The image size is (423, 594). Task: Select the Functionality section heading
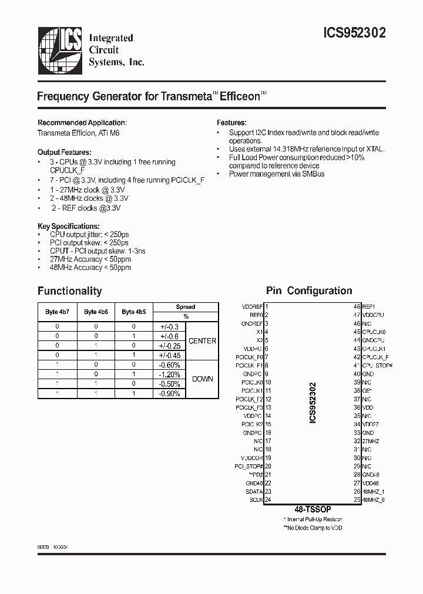(x=69, y=291)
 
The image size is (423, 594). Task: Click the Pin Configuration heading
(x=309, y=291)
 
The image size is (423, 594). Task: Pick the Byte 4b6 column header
(x=95, y=312)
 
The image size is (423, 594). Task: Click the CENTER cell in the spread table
(x=202, y=341)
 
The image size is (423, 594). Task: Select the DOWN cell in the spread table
(x=202, y=379)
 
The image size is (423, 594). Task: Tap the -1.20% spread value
(x=170, y=374)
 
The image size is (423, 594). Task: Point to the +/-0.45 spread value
(x=170, y=355)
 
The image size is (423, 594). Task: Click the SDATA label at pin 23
(x=254, y=491)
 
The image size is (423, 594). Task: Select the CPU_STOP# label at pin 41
(x=377, y=365)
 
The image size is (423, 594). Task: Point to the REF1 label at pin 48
(x=368, y=306)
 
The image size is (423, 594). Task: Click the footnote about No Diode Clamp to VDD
(x=313, y=528)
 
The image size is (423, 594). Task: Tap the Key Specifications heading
(x=68, y=226)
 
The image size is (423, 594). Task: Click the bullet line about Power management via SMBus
(x=276, y=174)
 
